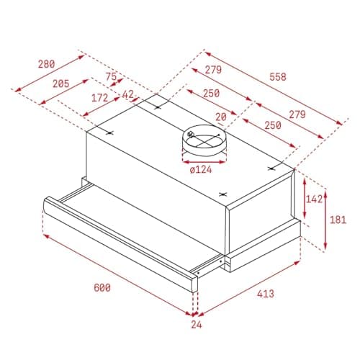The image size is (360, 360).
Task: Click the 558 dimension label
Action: [x=278, y=77]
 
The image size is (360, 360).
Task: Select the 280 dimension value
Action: [x=47, y=64]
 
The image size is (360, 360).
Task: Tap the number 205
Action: [x=61, y=84]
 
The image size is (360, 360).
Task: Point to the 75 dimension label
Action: [x=111, y=76]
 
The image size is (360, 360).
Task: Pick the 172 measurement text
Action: [x=100, y=98]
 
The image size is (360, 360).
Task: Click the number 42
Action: [x=128, y=94]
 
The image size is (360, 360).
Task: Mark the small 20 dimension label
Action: [x=221, y=117]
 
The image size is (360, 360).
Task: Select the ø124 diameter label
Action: [x=201, y=170]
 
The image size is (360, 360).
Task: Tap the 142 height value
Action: [x=314, y=199]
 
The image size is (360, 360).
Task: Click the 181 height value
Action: [x=338, y=220]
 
